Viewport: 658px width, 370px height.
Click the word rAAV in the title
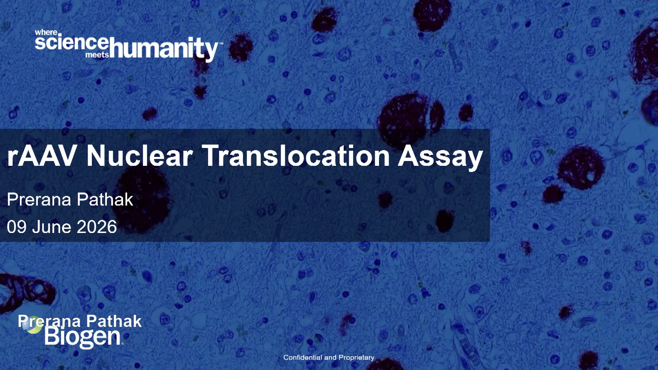point(41,156)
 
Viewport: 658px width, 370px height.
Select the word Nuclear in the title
point(139,156)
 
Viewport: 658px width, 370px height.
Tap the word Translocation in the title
point(296,156)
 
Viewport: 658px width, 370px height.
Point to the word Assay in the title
point(440,158)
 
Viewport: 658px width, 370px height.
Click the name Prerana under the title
point(39,199)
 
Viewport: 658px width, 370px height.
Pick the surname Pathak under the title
point(105,199)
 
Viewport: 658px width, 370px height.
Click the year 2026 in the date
point(97,227)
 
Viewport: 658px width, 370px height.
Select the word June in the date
point(51,227)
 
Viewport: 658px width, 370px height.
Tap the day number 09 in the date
point(16,227)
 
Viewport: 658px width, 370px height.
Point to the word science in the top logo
point(72,42)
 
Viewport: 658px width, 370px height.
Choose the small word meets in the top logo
point(97,55)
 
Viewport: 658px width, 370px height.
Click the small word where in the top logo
point(46,33)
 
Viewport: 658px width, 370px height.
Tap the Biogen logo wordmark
point(83,337)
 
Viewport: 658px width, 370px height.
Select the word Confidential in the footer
point(303,357)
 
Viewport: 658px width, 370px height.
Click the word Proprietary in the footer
point(356,358)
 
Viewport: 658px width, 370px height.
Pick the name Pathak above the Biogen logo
point(114,321)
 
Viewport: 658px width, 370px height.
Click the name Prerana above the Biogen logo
point(49,321)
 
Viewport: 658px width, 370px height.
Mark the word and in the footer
point(330,357)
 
